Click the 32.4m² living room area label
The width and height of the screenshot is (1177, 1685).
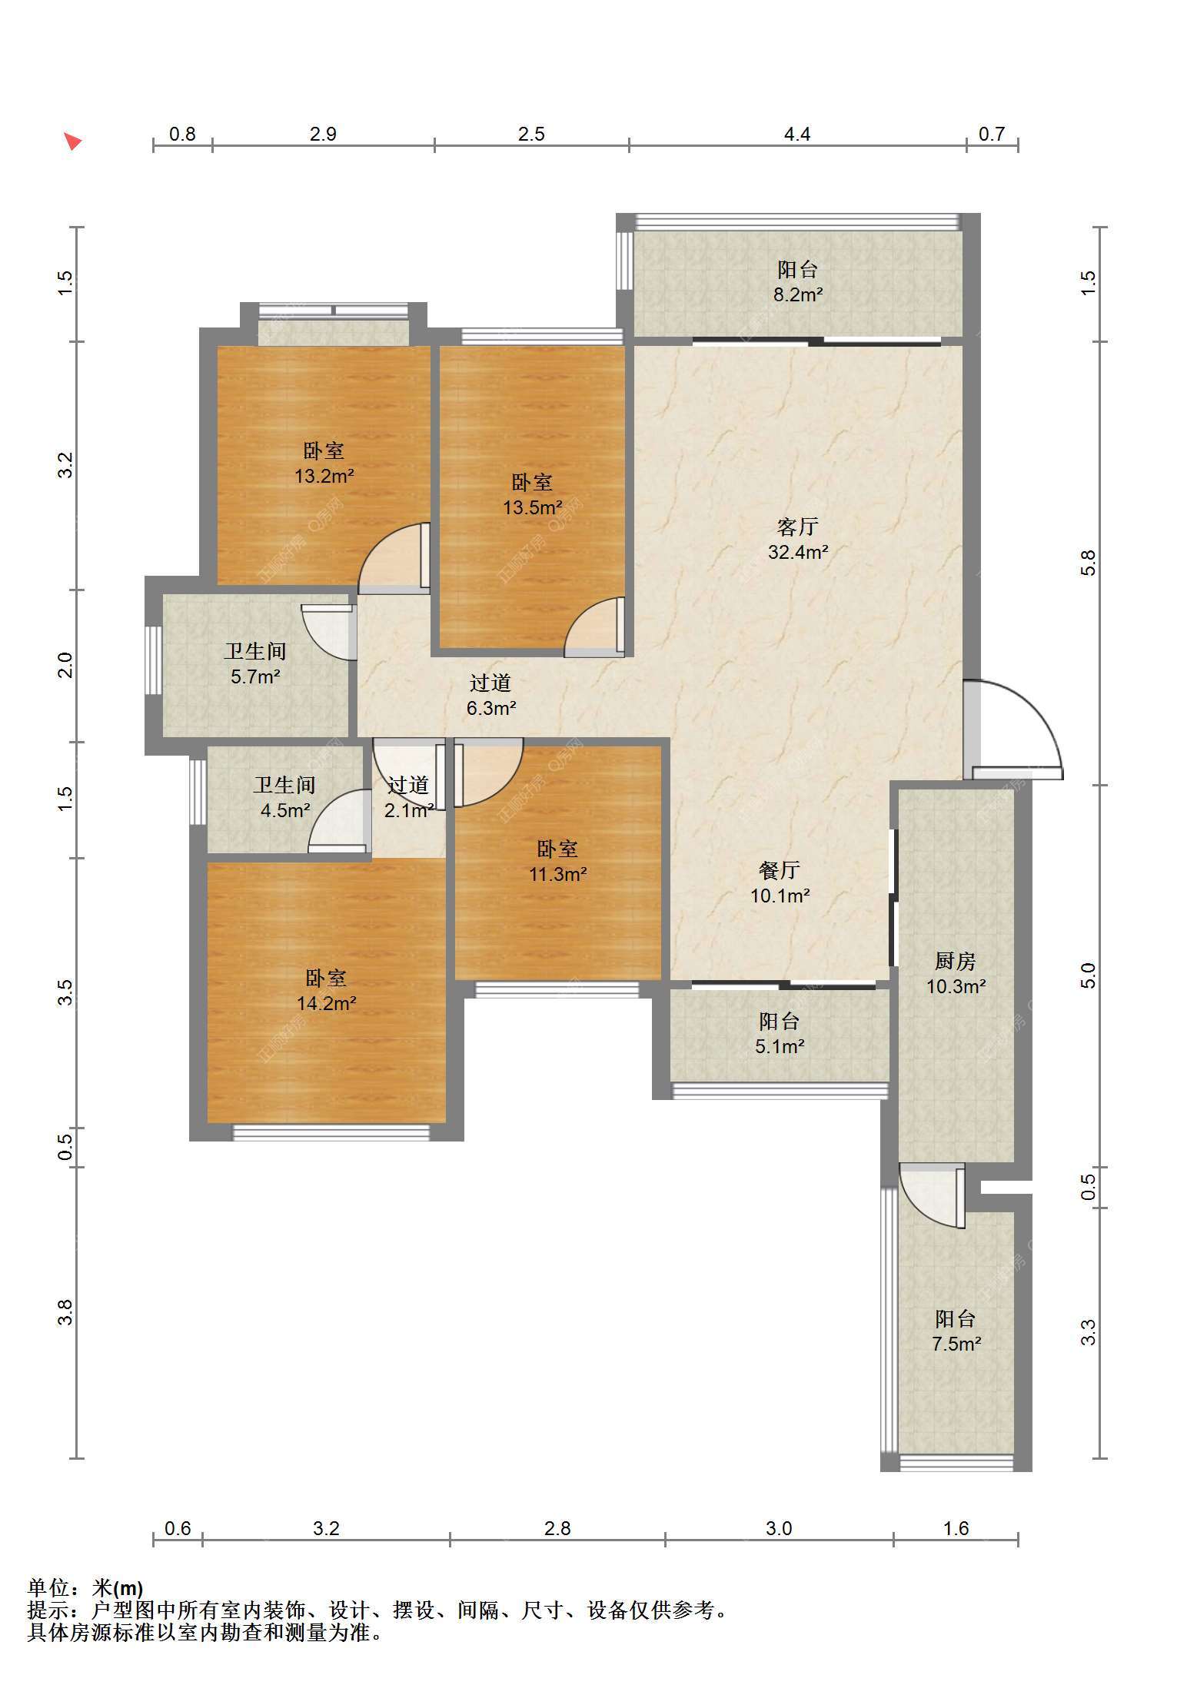click(798, 552)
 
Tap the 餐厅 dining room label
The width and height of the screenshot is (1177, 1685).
click(780, 870)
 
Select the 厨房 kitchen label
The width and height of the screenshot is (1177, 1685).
click(956, 961)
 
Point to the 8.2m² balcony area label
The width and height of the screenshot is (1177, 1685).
click(798, 294)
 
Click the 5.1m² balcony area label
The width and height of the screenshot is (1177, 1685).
click(780, 1046)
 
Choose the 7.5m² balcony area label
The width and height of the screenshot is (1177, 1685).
click(956, 1344)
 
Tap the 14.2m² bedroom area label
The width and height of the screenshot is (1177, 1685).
click(327, 1003)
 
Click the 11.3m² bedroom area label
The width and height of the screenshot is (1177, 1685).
click(558, 874)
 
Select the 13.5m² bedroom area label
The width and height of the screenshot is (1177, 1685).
click(533, 507)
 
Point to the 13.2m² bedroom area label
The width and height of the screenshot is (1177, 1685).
click(324, 476)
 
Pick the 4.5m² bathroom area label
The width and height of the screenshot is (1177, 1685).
click(285, 810)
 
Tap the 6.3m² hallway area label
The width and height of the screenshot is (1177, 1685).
click(491, 708)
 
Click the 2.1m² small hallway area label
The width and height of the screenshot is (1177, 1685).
click(409, 810)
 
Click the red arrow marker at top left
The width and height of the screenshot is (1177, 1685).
click(72, 141)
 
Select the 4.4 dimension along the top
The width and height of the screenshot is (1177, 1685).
click(797, 135)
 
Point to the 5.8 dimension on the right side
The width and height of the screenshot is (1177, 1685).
click(1088, 563)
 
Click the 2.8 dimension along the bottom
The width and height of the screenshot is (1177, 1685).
click(557, 1528)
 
